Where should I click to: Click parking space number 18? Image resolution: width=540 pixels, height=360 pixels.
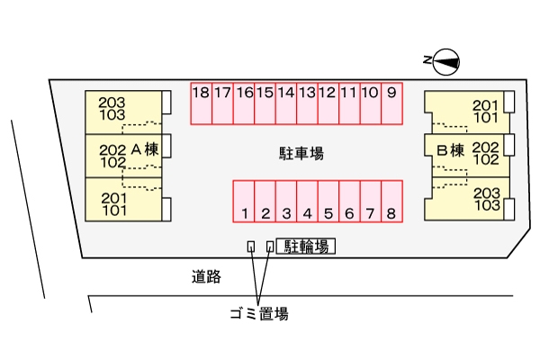201,103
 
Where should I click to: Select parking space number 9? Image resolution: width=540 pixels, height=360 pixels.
391,103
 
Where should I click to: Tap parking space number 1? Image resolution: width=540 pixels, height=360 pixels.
244,201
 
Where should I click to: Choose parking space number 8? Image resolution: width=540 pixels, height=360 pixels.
391,201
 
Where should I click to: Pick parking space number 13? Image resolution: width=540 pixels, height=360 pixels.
307,103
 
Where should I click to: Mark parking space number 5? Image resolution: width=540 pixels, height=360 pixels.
328,201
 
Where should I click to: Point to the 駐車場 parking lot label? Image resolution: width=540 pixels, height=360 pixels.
301,153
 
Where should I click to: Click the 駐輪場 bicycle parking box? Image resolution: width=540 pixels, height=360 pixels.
306,246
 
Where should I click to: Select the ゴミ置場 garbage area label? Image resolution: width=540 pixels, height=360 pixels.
258,314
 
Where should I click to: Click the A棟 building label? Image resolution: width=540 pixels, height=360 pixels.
144,149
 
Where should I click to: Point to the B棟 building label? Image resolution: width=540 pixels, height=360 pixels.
450,149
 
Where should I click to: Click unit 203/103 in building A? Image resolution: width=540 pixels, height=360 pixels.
113,109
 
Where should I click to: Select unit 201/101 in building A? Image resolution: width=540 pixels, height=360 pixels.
113,204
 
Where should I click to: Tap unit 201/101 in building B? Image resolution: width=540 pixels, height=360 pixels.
484,110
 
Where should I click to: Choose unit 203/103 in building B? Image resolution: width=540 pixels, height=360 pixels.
484,199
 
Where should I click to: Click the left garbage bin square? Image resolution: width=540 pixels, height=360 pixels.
251,246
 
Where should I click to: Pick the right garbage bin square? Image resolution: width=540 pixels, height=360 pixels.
270,246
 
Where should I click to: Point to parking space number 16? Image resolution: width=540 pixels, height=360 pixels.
243,103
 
